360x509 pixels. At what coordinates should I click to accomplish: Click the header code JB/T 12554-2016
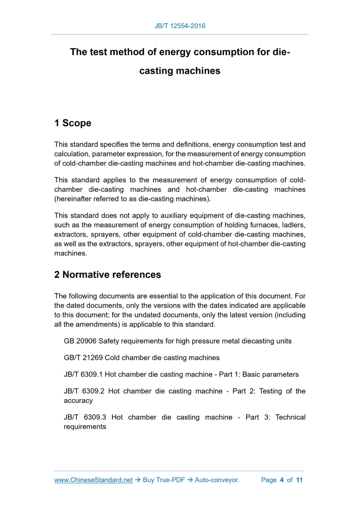coord(180,25)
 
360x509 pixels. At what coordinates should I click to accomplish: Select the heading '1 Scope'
coord(73,123)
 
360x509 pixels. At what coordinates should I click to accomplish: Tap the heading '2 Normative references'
coord(108,274)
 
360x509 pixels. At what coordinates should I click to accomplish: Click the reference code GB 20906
coord(80,341)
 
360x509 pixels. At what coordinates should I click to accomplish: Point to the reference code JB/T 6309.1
coord(83,374)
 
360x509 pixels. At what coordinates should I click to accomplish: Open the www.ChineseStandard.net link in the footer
coord(94,480)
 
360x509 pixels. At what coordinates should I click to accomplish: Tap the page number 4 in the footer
coord(282,480)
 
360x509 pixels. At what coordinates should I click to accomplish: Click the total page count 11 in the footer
coord(299,480)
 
